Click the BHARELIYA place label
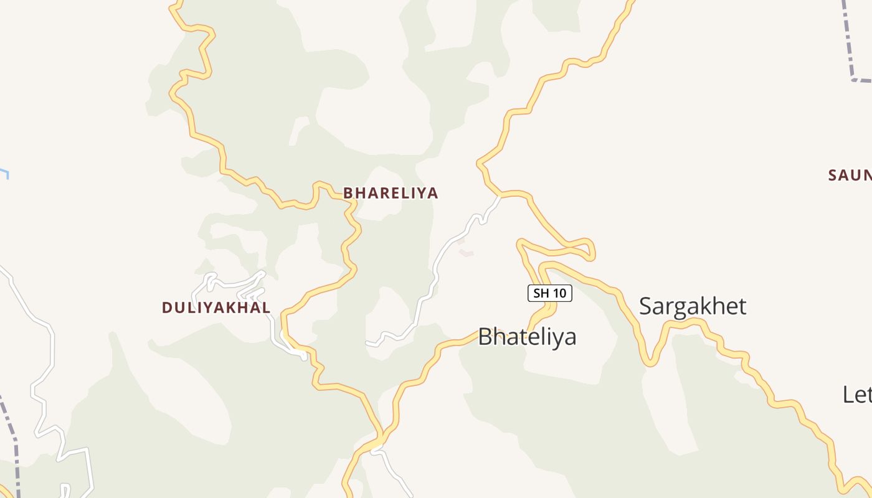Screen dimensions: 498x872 [391, 193]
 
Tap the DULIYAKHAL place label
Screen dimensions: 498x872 [216, 308]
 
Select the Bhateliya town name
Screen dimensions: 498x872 [527, 337]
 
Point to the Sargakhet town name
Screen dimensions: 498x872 [693, 306]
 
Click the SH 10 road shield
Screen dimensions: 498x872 [550, 293]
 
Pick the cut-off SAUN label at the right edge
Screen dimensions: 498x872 [850, 176]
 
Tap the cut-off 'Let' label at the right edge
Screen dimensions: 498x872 [857, 395]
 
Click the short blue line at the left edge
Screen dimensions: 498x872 [4, 172]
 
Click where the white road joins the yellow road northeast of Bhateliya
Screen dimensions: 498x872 [500, 196]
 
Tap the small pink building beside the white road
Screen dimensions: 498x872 [466, 253]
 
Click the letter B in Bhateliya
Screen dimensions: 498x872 [486, 337]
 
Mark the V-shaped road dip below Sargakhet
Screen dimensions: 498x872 [650, 361]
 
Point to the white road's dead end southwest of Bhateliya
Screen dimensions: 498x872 [368, 343]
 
